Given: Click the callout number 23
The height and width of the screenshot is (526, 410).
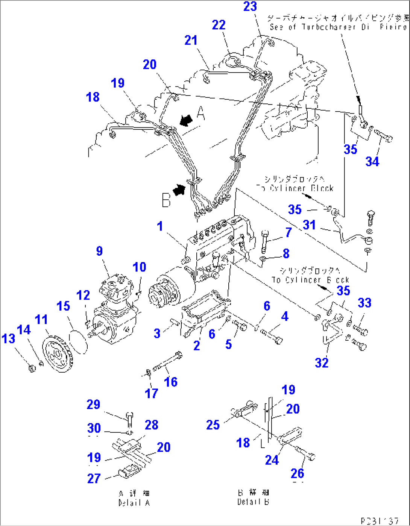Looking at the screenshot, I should [250, 6].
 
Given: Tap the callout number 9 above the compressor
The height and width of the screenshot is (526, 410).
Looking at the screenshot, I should [99, 251].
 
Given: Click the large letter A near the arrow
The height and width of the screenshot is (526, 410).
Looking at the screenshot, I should [201, 113].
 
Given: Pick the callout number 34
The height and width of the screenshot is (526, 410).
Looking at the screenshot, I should [372, 161].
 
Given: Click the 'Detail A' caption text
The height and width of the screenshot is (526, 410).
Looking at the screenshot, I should [134, 503].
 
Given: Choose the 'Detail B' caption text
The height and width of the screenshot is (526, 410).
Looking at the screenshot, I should [253, 502].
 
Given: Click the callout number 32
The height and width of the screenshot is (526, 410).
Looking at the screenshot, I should [322, 362].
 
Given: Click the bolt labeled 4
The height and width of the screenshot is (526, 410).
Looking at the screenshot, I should [272, 336].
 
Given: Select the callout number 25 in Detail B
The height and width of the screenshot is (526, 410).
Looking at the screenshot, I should [213, 425].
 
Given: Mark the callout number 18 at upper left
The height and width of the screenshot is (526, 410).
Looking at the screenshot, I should [93, 97].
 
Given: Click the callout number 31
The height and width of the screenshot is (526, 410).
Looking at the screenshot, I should [309, 225].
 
